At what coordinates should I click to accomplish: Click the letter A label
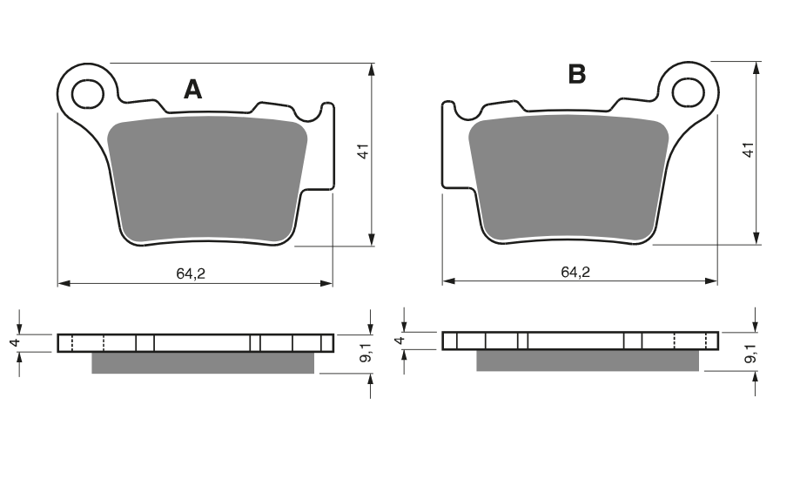tap(193, 90)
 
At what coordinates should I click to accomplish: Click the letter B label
tap(577, 75)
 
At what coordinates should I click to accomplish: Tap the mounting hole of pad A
tap(88, 94)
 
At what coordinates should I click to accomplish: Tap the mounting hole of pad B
tap(688, 93)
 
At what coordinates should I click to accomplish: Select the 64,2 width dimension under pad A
tap(191, 274)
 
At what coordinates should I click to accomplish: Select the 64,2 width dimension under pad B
tap(575, 272)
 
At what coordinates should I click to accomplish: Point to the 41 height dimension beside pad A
tap(363, 152)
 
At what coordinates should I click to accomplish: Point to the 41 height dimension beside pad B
tap(748, 150)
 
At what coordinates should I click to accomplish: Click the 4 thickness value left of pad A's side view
tap(17, 342)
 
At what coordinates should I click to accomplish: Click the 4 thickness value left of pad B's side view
tap(400, 340)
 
